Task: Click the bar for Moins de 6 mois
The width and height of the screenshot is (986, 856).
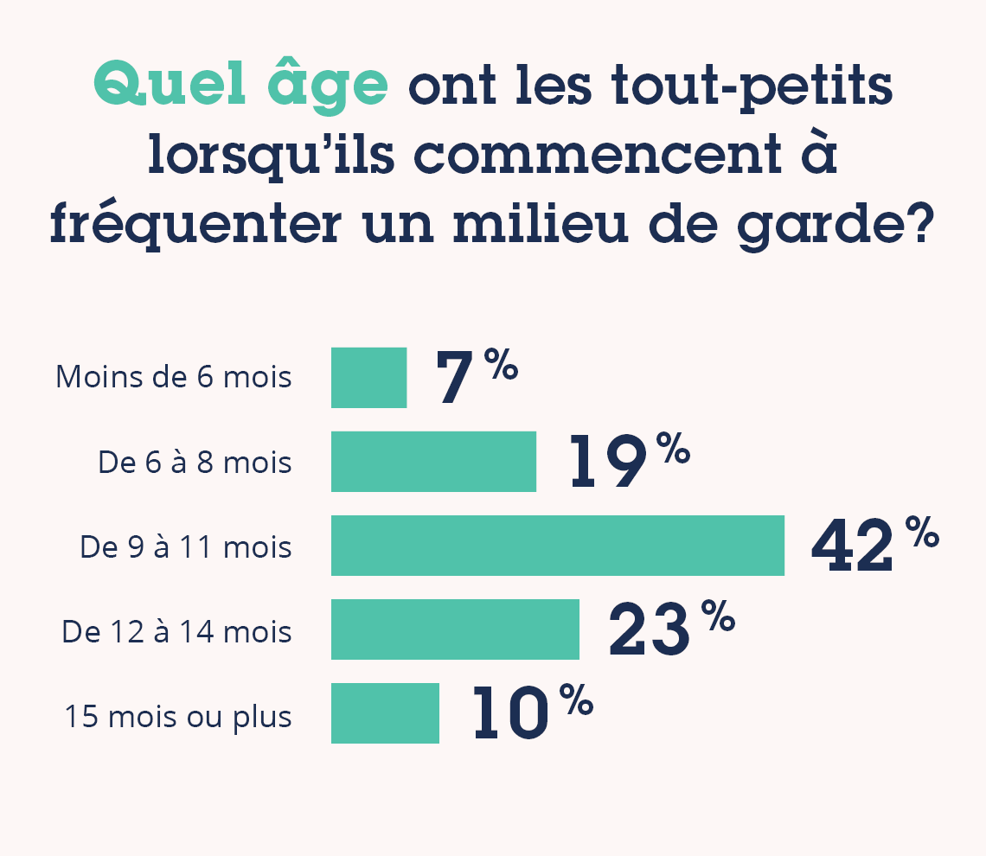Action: [368, 378]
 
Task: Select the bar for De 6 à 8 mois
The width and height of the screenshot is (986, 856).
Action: [433, 462]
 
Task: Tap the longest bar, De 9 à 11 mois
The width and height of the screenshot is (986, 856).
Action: [557, 546]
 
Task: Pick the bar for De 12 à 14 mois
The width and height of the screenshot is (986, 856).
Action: [455, 629]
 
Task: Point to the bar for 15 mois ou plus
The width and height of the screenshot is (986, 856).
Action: [385, 713]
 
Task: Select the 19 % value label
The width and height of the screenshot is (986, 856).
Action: [629, 462]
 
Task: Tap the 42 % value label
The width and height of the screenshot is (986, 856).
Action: [874, 546]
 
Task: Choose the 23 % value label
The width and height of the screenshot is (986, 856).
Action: [671, 629]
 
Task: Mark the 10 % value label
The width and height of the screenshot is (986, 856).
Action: [532, 713]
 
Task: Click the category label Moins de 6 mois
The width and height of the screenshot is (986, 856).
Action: [174, 378]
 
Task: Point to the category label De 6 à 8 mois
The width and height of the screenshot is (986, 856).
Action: [195, 463]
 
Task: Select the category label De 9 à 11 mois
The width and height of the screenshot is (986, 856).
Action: [186, 547]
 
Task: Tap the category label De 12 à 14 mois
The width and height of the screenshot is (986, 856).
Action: [176, 632]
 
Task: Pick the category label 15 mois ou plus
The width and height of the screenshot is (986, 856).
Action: [178, 717]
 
